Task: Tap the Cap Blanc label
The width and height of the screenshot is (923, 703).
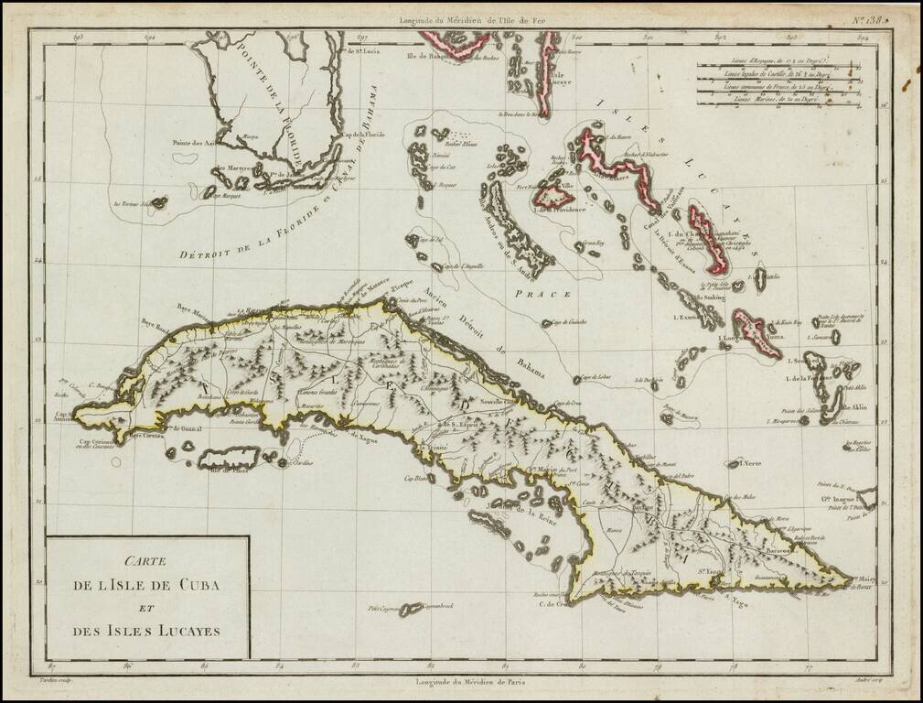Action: point(413,478)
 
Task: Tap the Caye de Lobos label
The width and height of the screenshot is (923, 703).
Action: point(595,378)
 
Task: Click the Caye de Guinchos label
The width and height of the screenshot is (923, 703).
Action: point(564,322)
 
